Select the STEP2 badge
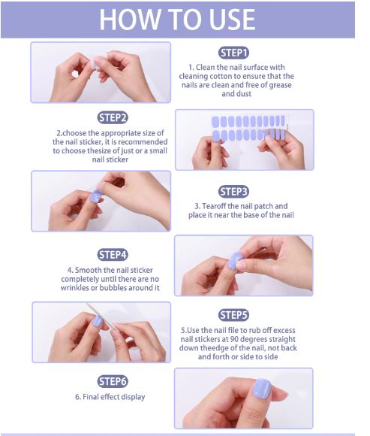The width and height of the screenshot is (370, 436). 113,117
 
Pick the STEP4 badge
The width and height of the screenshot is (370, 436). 113,255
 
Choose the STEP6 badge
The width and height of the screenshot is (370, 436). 113,381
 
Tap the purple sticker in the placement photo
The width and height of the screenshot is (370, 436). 95,198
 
